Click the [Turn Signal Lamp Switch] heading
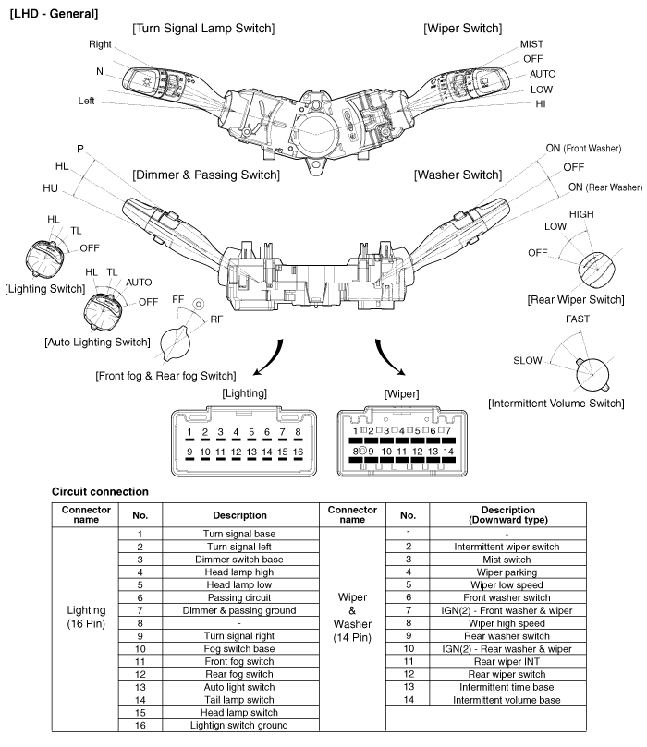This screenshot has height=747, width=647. [x=202, y=29]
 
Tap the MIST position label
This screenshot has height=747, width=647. [x=531, y=43]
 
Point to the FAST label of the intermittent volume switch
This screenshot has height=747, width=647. [x=577, y=319]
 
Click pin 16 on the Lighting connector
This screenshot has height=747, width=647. [x=298, y=452]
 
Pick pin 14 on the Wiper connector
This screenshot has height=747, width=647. [x=448, y=452]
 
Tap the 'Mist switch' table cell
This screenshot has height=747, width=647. [x=507, y=559]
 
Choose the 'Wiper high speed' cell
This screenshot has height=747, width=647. [x=507, y=623]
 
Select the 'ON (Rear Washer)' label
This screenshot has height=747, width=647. [x=604, y=187]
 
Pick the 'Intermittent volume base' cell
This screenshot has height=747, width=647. [x=507, y=701]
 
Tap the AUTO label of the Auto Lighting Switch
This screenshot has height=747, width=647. [x=139, y=283]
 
